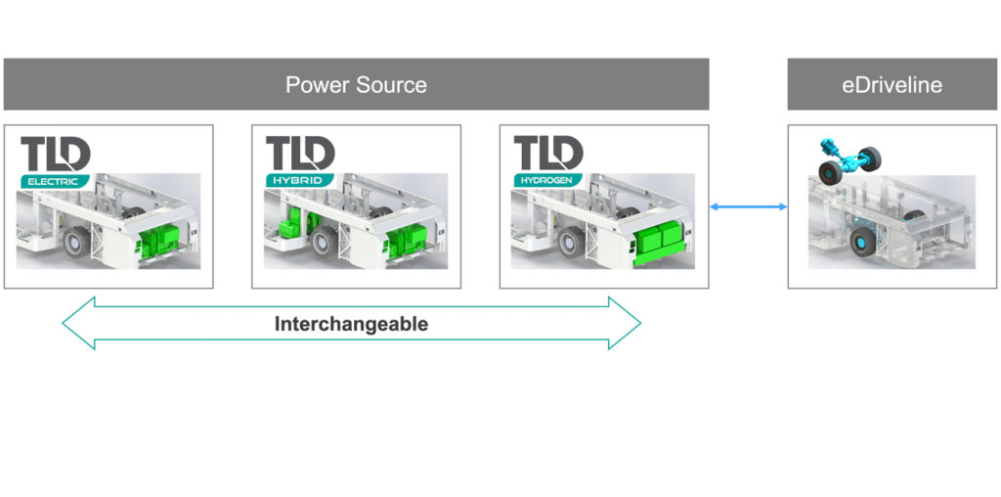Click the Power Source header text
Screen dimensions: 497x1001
pos(356,85)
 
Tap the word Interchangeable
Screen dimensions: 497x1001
pos(351,325)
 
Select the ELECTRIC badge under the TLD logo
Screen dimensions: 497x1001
pos(55,180)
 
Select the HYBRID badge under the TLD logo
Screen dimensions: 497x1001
pos(299,180)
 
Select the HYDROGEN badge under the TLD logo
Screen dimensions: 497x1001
pos(548,180)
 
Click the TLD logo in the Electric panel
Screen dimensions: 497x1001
pos(56,154)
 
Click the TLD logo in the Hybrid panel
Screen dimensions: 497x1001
pos(300,154)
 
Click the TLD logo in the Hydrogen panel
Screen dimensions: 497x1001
pos(548,154)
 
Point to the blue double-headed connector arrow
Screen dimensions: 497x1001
pos(748,206)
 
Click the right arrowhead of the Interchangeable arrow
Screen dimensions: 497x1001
pos(626,323)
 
